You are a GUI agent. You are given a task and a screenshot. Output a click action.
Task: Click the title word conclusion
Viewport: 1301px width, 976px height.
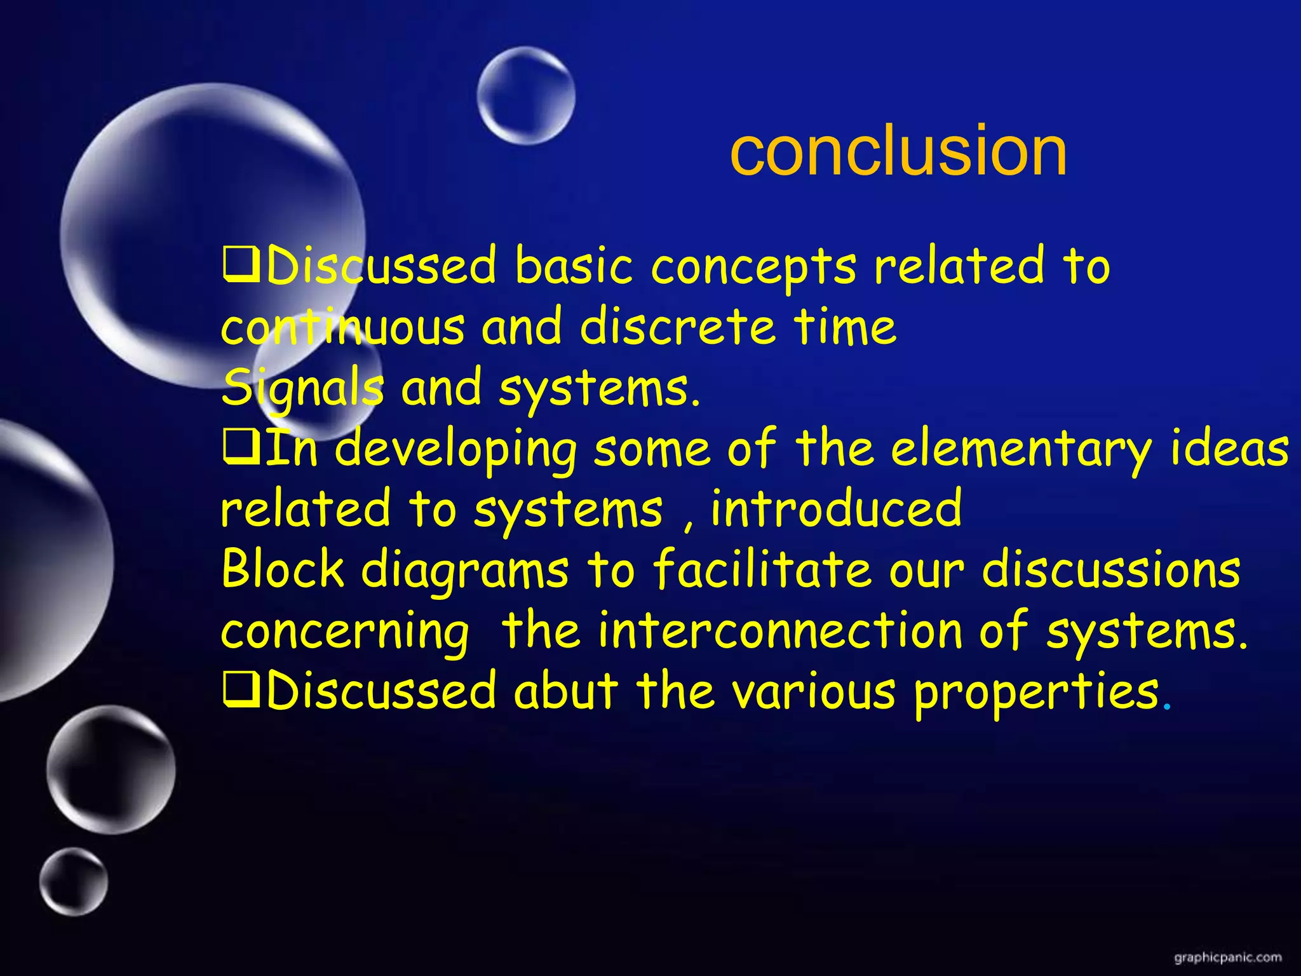pos(898,151)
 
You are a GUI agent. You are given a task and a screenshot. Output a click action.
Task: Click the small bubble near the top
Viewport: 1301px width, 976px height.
pos(526,95)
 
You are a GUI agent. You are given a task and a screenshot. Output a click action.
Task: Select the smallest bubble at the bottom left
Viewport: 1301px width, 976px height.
pos(73,881)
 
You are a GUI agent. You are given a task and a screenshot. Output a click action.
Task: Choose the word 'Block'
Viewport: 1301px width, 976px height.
pos(283,569)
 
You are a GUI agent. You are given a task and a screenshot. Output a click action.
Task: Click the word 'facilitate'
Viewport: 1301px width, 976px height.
pos(762,569)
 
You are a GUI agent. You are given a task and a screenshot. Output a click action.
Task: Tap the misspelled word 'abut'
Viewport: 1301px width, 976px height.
pos(565,691)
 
